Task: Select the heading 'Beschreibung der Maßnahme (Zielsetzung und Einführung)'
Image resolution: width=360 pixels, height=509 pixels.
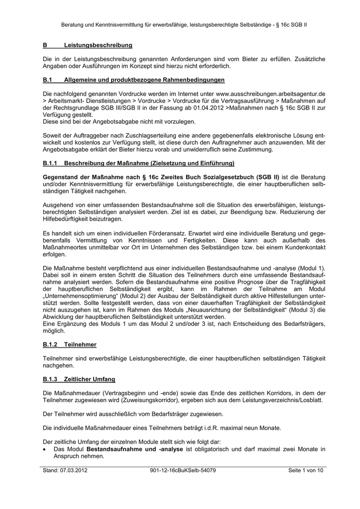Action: (x=149, y=163)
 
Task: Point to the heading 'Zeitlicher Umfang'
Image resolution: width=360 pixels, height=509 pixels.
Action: (x=89, y=379)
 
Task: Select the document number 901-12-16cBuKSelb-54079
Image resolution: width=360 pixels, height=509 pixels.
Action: (x=183, y=470)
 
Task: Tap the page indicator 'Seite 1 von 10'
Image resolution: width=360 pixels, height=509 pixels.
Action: (x=305, y=470)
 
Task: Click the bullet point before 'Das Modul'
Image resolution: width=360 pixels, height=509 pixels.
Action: (x=45, y=449)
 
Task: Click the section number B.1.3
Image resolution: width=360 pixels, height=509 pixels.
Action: (x=50, y=379)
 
